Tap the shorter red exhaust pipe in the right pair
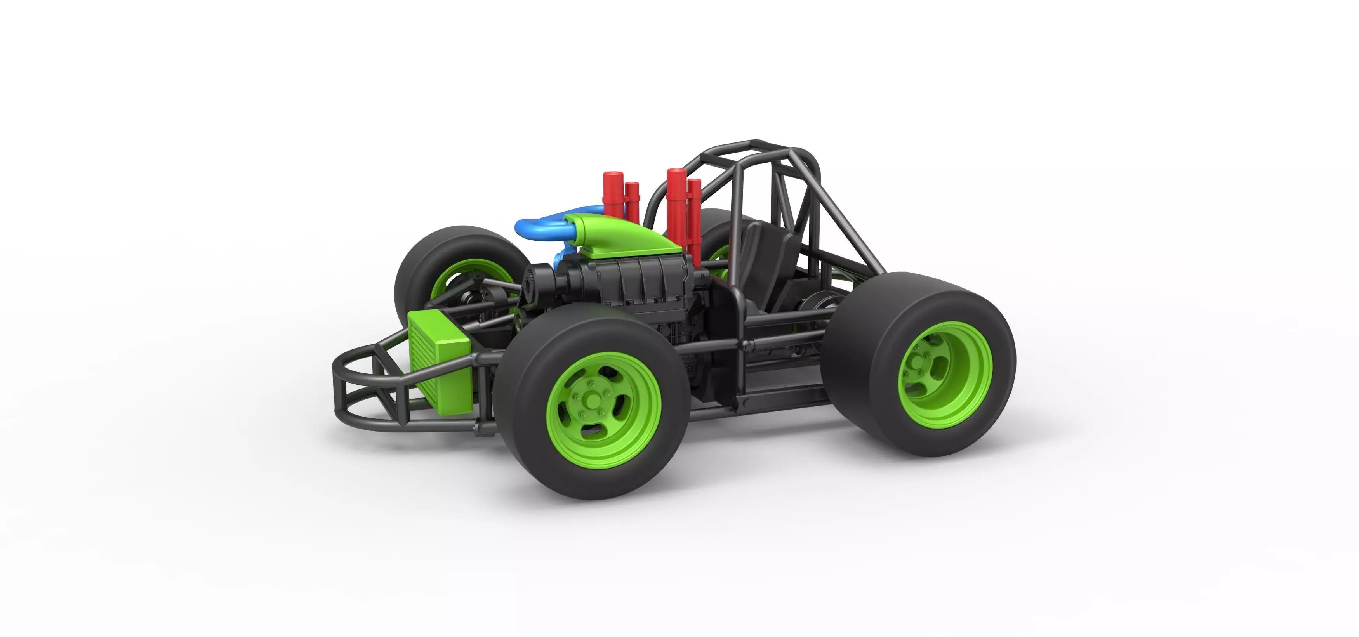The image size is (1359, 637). pos(694,222)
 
